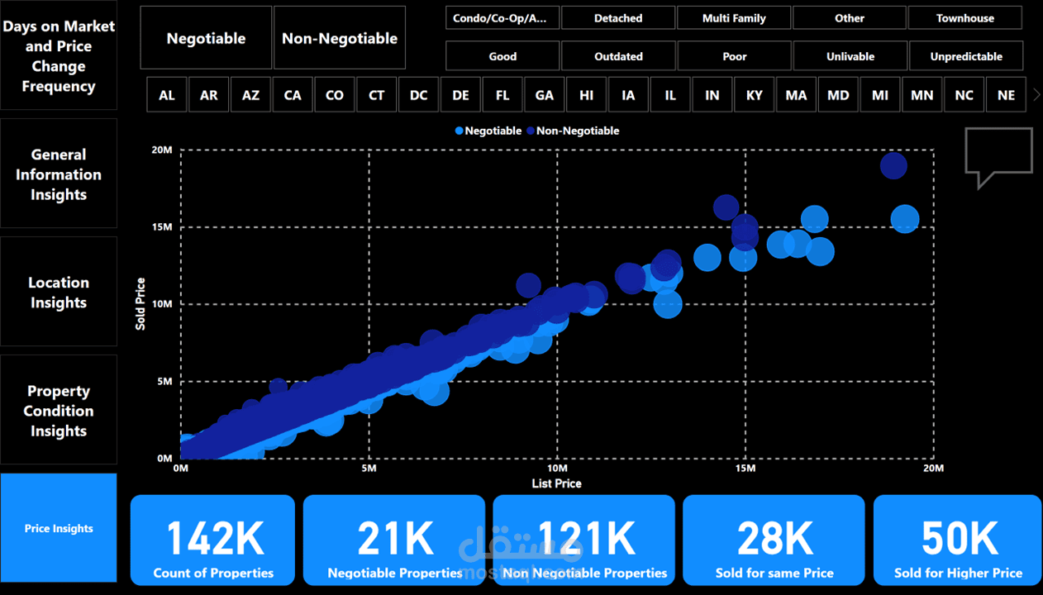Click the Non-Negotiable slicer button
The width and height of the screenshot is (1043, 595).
[340, 38]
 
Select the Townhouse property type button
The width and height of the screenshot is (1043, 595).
[964, 18]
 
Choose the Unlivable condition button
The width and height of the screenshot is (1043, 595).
[850, 56]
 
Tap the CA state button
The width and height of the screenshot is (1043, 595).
[293, 95]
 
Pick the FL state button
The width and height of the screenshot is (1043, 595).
[502, 95]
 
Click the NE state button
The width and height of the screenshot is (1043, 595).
[1006, 95]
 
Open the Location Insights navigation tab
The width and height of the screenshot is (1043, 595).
[59, 292]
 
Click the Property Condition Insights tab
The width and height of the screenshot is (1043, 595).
[59, 410]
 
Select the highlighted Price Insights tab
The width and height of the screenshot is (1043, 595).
[59, 528]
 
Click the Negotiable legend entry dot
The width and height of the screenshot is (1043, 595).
[460, 131]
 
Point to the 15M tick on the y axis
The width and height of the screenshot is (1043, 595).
[162, 226]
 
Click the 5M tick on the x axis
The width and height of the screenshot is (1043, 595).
[369, 469]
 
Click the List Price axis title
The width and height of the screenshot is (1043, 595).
[556, 483]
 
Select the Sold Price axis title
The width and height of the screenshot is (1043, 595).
[140, 304]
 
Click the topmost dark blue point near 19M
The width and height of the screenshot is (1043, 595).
[893, 166]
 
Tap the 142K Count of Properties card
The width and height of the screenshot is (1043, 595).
[212, 540]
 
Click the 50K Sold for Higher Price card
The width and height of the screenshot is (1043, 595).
[958, 540]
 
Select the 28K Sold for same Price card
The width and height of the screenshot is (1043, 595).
[774, 540]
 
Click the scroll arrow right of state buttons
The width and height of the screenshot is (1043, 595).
[1036, 95]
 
